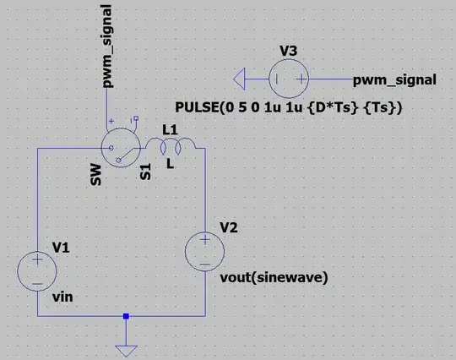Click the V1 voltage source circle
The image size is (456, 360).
click(x=35, y=271)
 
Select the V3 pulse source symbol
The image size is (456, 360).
click(x=288, y=80)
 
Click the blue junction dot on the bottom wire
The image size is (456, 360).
click(x=126, y=316)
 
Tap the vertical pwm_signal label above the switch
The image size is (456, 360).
click(x=107, y=46)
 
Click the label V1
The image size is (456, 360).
click(x=61, y=247)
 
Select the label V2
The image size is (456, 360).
click(x=229, y=228)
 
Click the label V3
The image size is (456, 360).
click(x=288, y=52)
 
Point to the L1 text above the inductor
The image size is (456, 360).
click(x=169, y=128)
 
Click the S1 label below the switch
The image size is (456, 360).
click(x=145, y=173)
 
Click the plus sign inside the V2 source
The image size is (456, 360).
click(x=204, y=242)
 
